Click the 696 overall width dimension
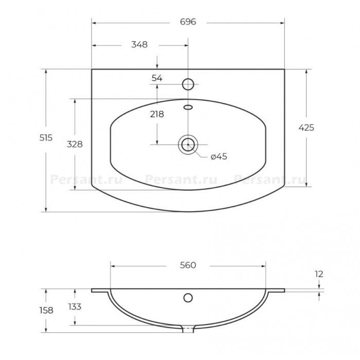(188, 22)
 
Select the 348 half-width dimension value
(139, 45)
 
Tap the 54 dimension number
(157, 78)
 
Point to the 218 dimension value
(157, 114)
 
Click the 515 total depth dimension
(46, 138)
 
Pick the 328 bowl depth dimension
(75, 144)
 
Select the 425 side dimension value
(307, 128)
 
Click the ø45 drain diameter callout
(219, 156)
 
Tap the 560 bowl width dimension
(188, 265)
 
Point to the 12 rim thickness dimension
(319, 274)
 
